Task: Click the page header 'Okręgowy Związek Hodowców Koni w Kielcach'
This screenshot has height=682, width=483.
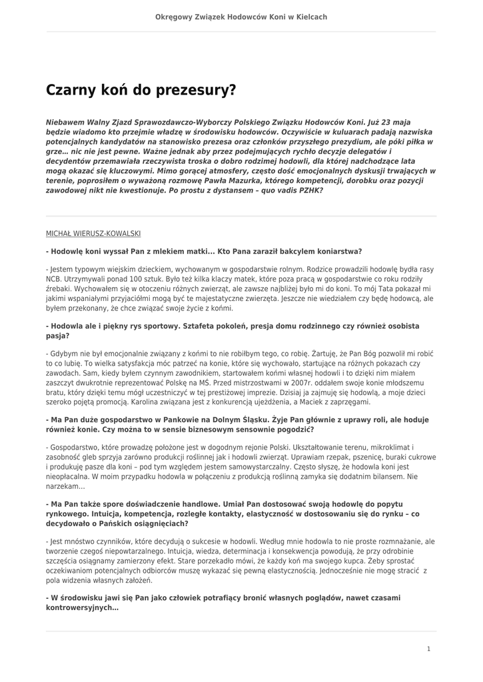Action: tap(241, 17)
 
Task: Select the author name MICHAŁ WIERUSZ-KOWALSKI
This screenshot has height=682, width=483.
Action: tap(93, 234)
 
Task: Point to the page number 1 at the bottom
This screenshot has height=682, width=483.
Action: tap(428, 648)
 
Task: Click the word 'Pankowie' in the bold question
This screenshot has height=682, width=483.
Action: tap(161, 420)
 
